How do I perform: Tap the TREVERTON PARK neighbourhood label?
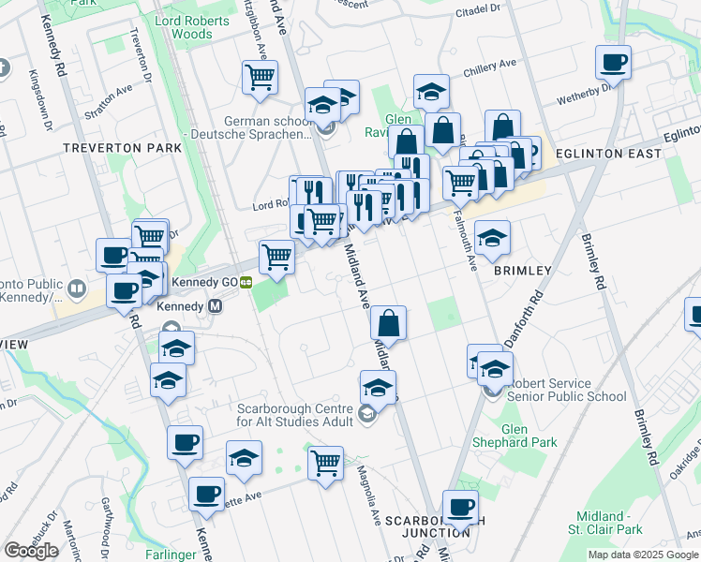tap(109, 148)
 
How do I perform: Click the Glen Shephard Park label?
tap(529, 436)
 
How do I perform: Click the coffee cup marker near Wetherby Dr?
tap(614, 63)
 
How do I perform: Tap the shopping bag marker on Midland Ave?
tap(388, 323)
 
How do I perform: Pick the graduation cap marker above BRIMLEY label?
tap(492, 238)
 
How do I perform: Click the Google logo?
tap(32, 551)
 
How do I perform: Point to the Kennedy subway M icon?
tap(215, 306)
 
